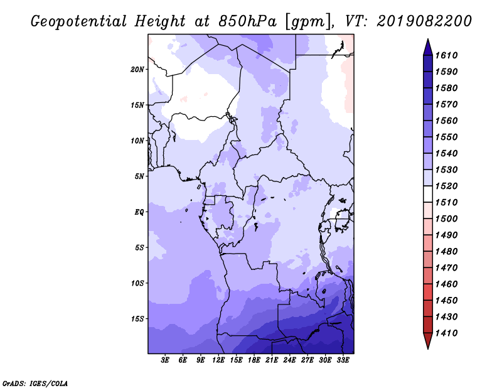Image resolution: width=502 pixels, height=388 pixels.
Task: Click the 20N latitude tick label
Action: (x=137, y=69)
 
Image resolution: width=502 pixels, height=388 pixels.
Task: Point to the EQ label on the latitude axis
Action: (x=139, y=212)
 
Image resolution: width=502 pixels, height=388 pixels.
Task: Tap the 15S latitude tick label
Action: (x=137, y=319)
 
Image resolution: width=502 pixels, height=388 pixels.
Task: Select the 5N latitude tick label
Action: (x=139, y=176)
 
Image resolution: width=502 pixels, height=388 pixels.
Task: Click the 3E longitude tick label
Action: (x=165, y=360)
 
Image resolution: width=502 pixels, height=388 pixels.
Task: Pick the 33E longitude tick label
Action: (x=343, y=360)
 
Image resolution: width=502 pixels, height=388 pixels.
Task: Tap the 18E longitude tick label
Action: (x=254, y=360)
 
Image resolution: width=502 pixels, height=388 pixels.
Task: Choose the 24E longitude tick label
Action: (x=289, y=360)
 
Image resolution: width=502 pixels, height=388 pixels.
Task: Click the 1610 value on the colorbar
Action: (x=447, y=55)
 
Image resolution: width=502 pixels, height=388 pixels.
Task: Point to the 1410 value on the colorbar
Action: (x=447, y=333)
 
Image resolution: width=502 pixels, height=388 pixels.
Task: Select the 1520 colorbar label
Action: (x=447, y=186)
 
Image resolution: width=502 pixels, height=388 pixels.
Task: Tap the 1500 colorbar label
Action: (x=447, y=219)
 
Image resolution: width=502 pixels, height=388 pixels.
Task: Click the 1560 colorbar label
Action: (x=447, y=121)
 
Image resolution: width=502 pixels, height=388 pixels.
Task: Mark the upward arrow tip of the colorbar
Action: (x=428, y=39)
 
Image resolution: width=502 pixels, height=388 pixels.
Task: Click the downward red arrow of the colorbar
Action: (x=428, y=341)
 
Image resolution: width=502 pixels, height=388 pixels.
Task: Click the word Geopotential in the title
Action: (x=79, y=22)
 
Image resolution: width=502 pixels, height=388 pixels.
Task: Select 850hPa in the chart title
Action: (x=247, y=21)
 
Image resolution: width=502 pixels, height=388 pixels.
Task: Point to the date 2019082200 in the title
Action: (x=424, y=21)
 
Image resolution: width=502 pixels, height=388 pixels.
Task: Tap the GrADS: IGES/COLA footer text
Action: (x=35, y=384)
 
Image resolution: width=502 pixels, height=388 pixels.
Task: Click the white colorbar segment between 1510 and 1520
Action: (x=428, y=194)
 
